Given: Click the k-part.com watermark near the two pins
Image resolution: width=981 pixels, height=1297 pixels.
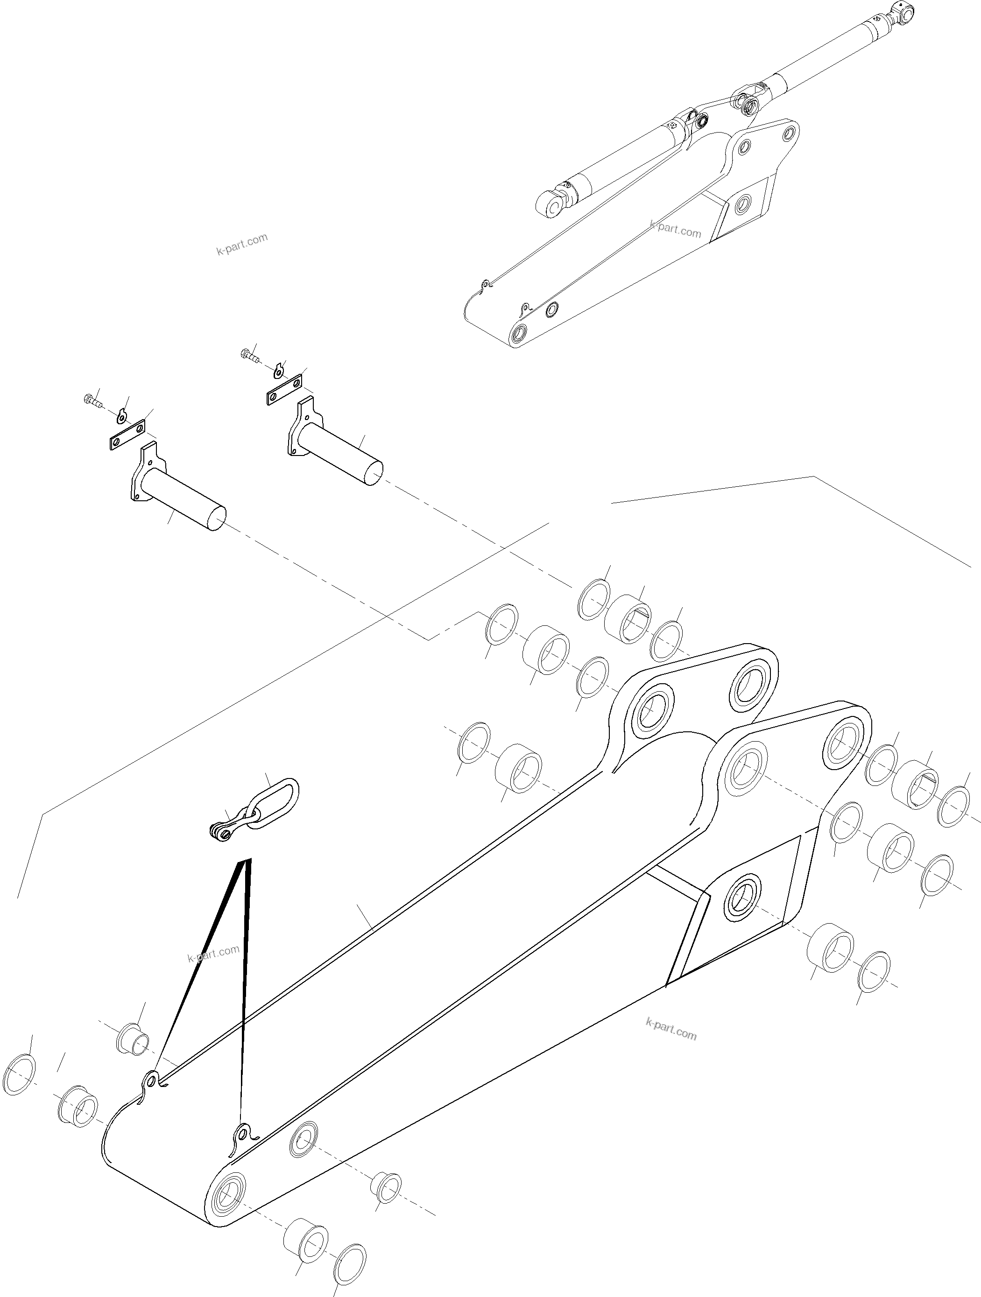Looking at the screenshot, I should click(242, 245).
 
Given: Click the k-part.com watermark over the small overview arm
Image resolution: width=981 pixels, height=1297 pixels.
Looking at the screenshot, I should click(675, 229).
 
